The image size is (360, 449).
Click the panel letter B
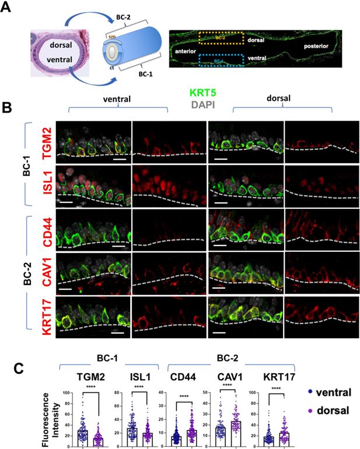tap(8, 108)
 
